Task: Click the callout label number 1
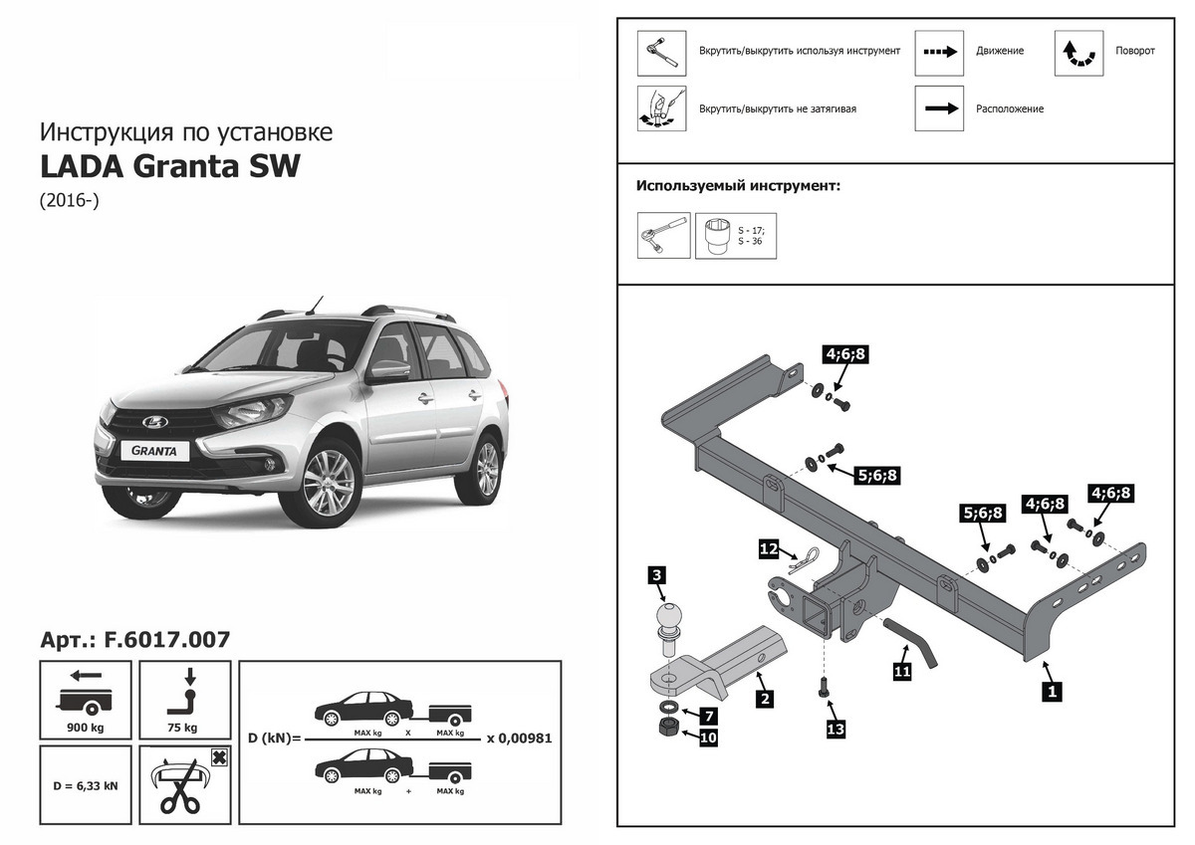(x=1052, y=692)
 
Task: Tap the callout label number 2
(x=765, y=699)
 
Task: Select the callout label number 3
(x=656, y=575)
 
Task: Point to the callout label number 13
(x=836, y=729)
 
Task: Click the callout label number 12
(x=769, y=549)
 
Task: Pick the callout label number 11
(x=902, y=671)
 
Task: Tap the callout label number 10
(x=708, y=738)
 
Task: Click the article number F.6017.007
(x=166, y=640)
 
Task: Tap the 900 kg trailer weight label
(x=86, y=728)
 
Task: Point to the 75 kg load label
(x=182, y=728)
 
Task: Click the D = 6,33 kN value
(x=86, y=786)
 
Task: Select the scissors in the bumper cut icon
(x=180, y=795)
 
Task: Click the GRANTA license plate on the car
(x=154, y=451)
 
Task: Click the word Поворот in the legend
(x=1135, y=51)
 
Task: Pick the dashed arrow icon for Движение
(x=940, y=52)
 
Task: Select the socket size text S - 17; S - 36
(x=751, y=236)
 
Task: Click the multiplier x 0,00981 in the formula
(x=520, y=738)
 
